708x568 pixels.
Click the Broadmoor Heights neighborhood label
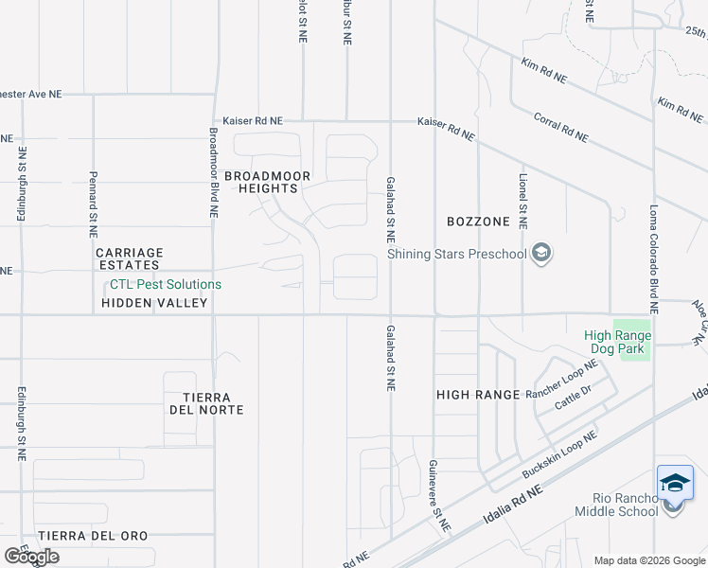[261, 182]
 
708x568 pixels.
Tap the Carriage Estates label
[130, 259]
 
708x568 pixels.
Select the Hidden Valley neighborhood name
[155, 303]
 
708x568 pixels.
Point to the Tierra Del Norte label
[207, 403]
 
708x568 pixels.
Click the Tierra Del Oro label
[93, 536]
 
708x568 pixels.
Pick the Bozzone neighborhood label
[478, 222]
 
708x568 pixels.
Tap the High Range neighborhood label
[478, 394]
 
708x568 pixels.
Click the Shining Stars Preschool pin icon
[541, 253]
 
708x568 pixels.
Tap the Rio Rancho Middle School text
[616, 506]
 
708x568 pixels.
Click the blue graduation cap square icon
[676, 483]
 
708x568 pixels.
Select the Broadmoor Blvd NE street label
[215, 173]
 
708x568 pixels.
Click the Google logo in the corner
[31, 557]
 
